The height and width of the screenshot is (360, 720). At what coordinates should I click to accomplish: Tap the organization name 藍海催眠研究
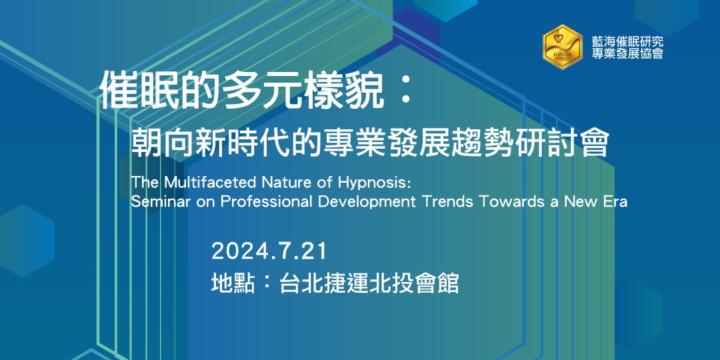(627, 41)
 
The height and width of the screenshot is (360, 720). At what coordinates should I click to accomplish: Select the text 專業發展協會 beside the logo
(627, 54)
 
